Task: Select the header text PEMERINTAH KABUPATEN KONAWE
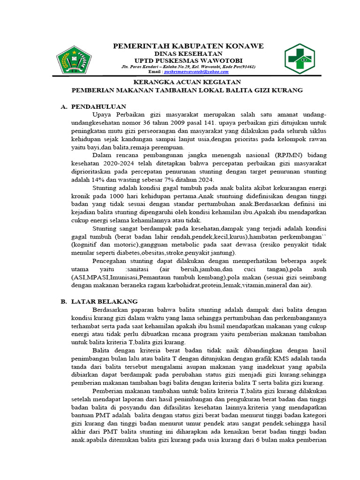click(188, 46)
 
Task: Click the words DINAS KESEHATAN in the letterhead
click(188, 53)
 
